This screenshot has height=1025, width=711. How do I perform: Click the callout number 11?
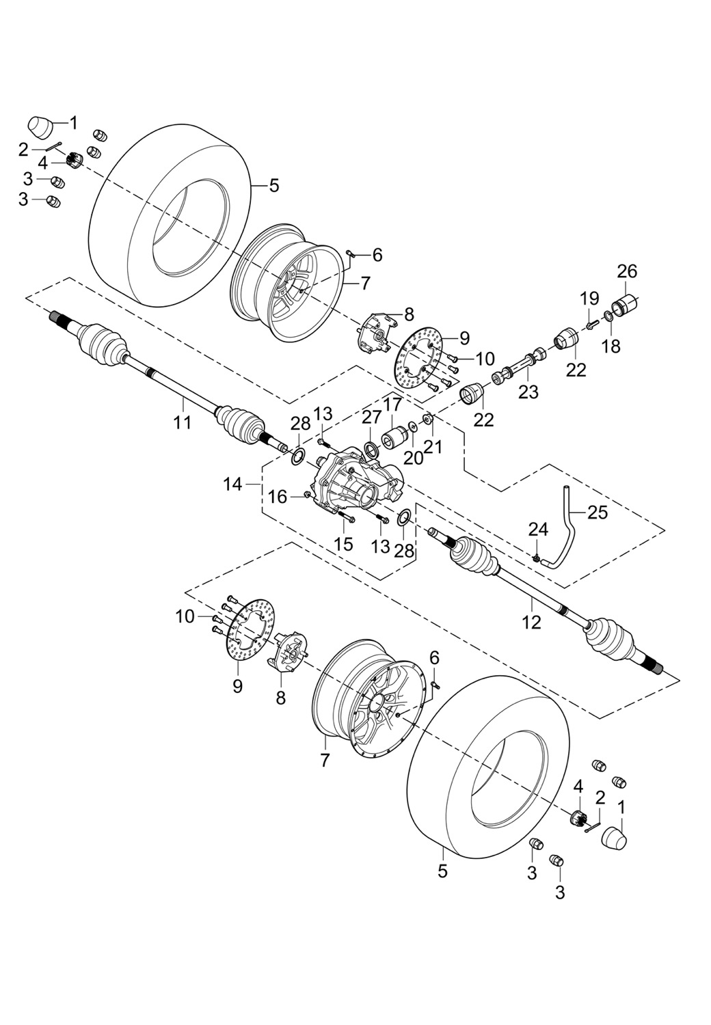coord(182,422)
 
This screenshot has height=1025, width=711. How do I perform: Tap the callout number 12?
coord(531,622)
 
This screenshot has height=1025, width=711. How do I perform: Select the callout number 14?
coord(233,484)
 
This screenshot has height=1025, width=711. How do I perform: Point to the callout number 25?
coord(598,512)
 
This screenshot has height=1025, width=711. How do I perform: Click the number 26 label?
coord(627,271)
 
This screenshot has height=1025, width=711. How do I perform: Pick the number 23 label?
coord(528,392)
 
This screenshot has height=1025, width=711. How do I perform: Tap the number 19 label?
coord(589,299)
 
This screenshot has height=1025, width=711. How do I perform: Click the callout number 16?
coord(278,497)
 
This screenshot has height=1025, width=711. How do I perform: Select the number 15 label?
coord(343,544)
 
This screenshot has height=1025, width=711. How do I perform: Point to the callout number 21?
coord(433,447)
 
